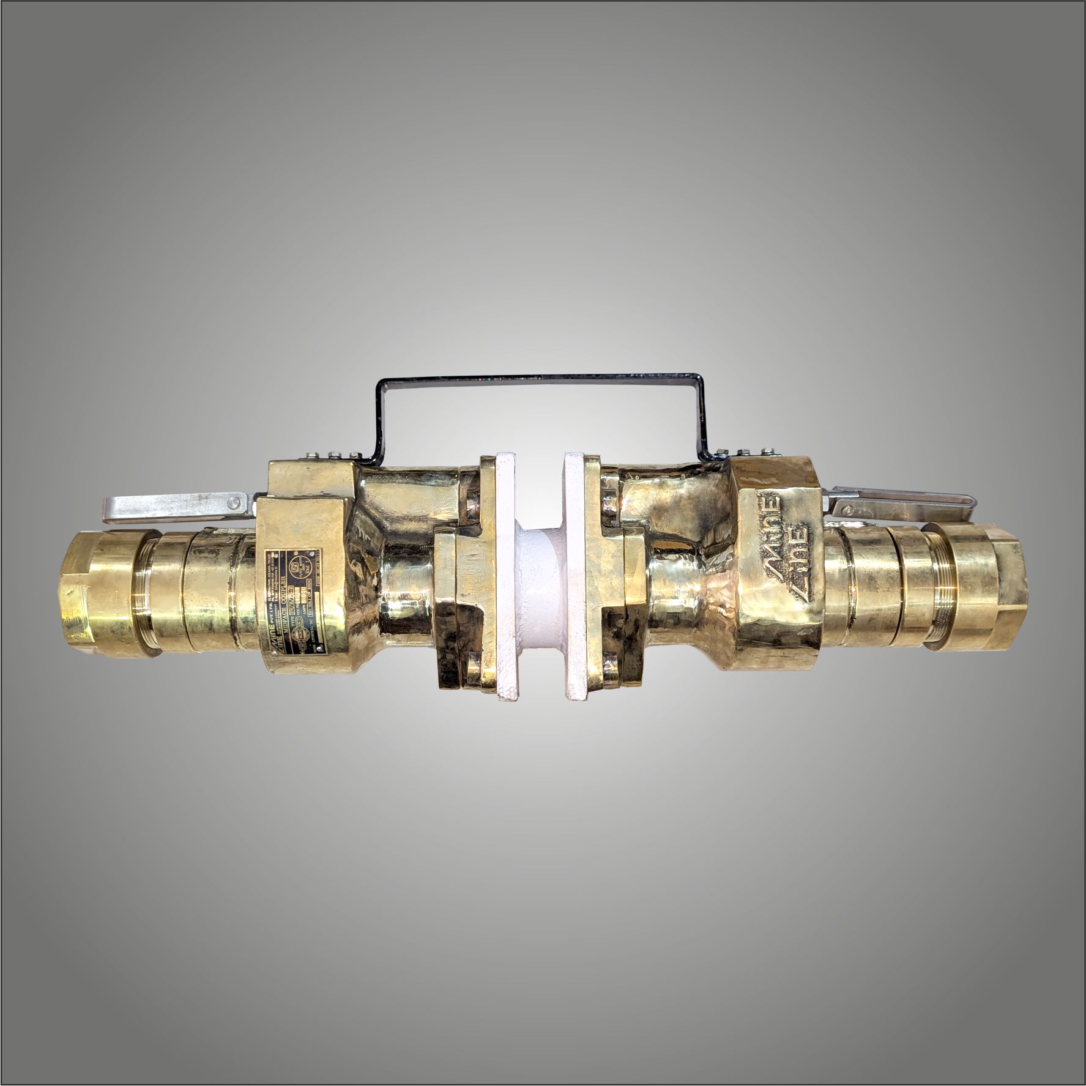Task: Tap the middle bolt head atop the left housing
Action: [335, 454]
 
